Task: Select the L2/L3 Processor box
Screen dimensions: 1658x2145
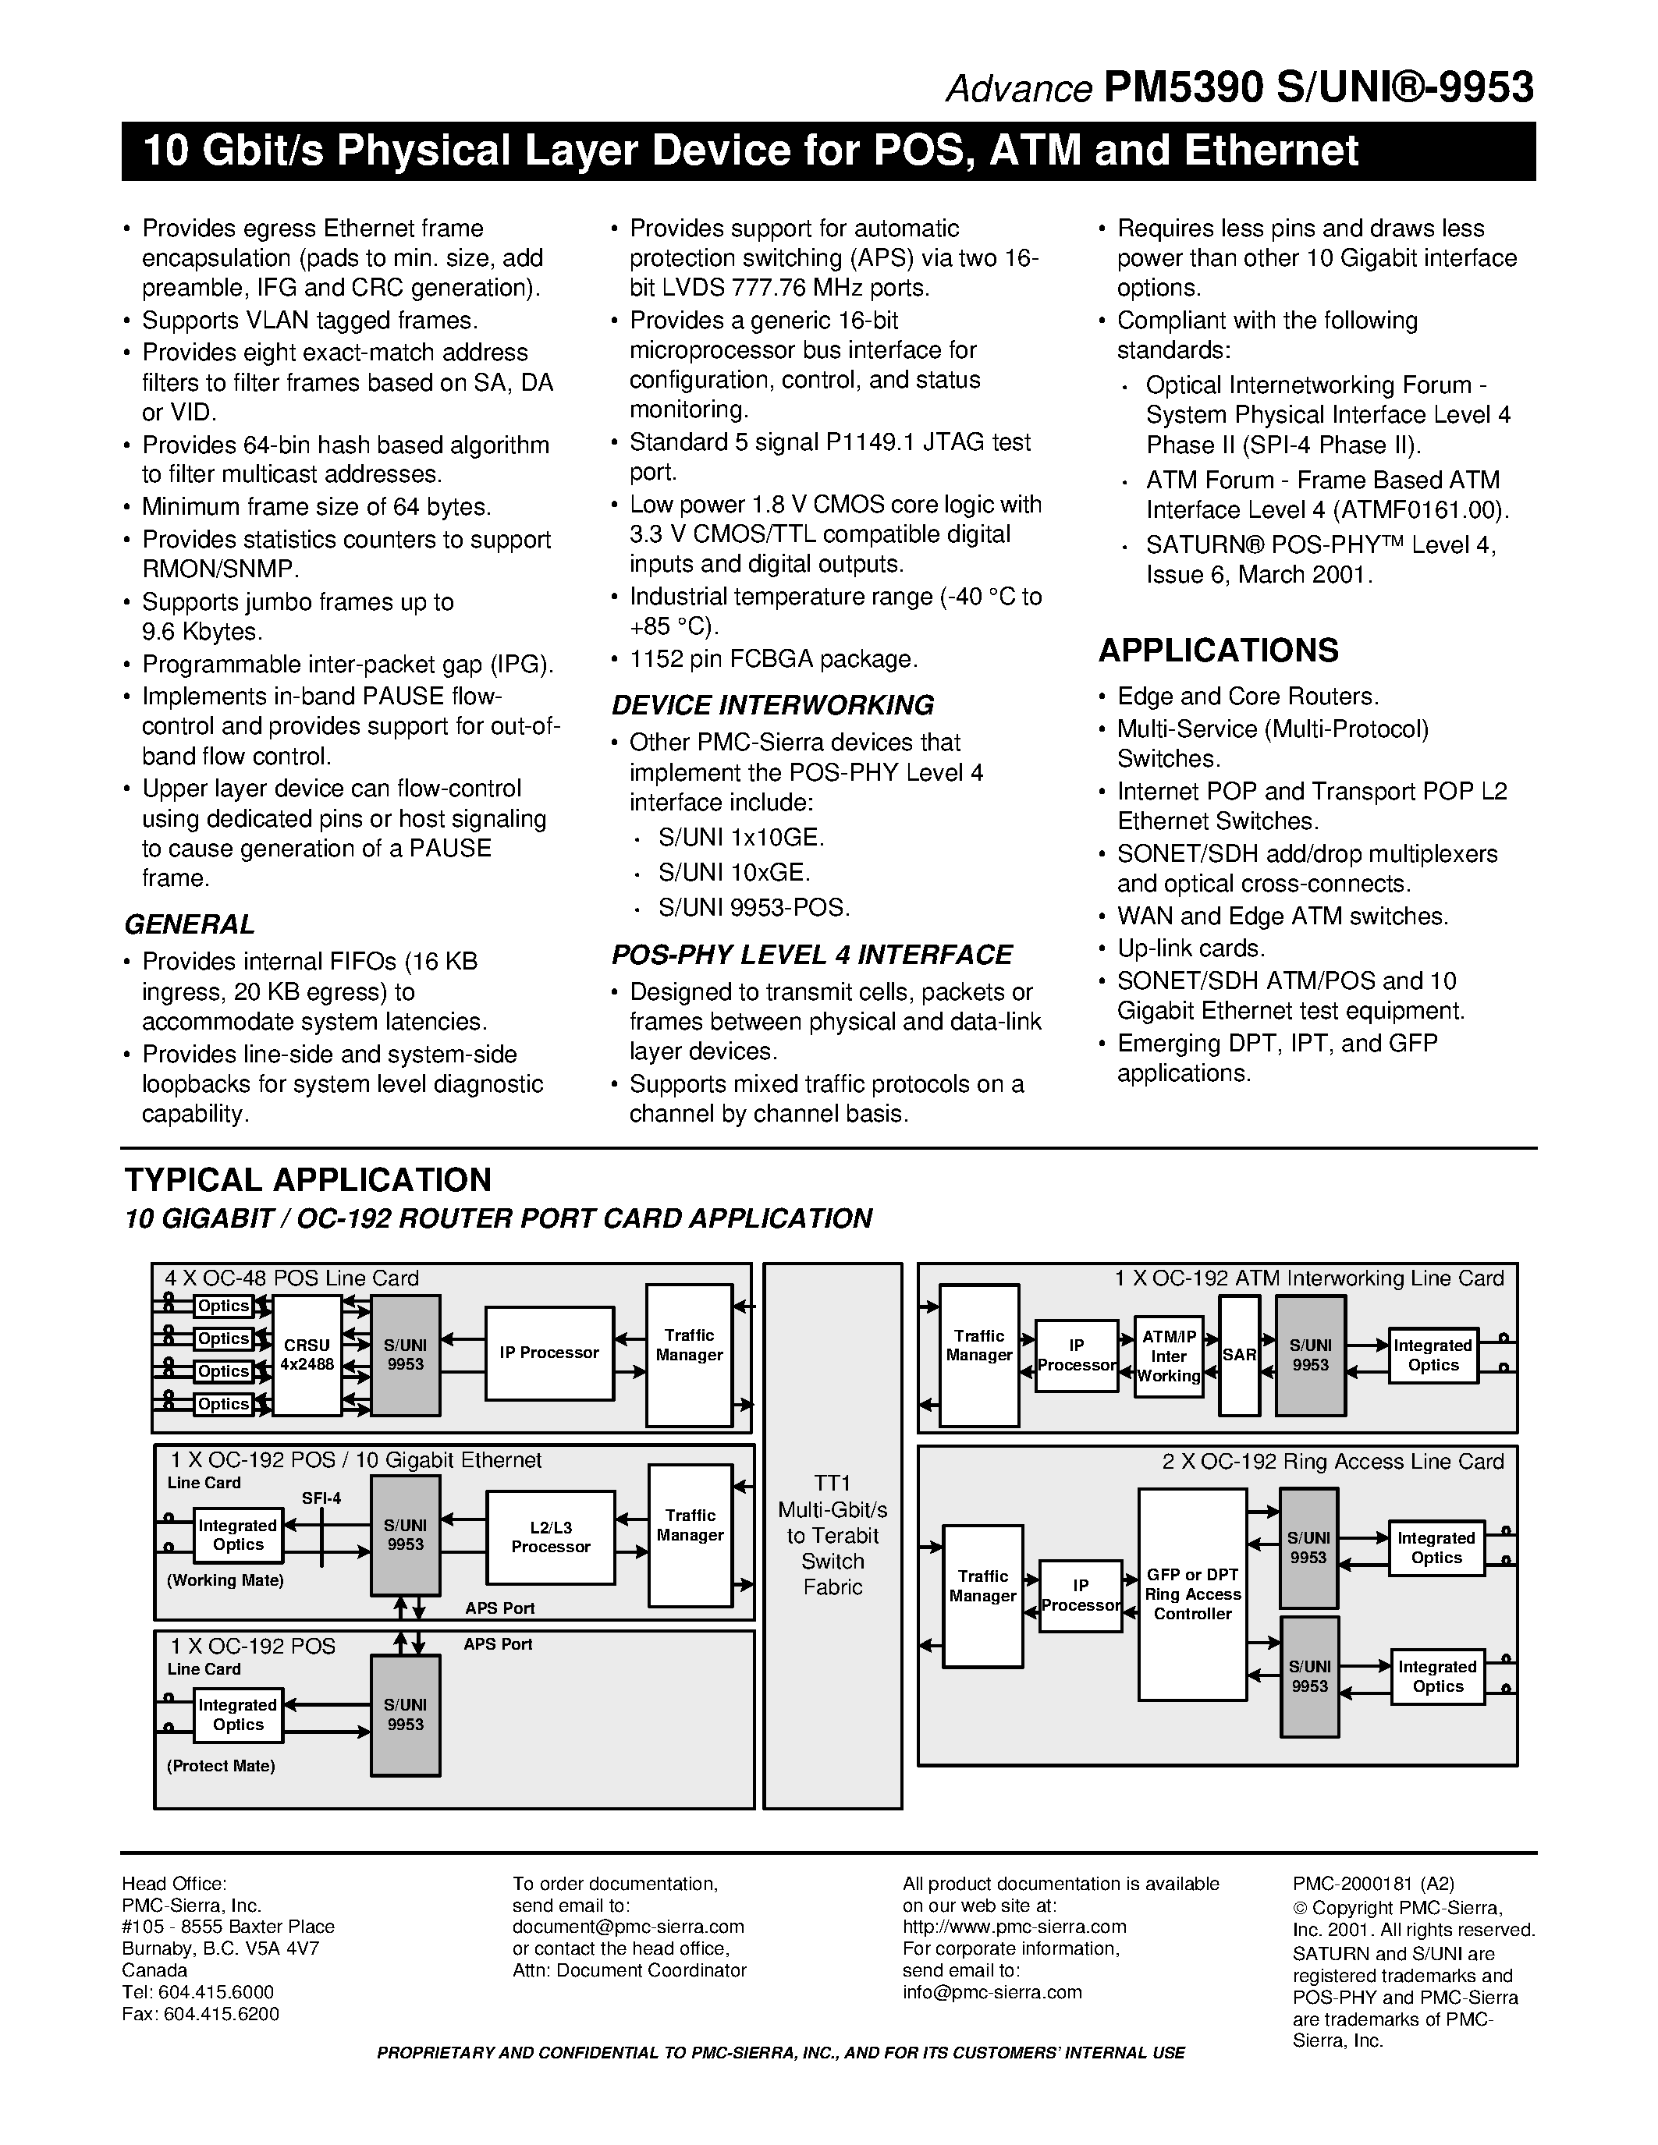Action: [550, 1537]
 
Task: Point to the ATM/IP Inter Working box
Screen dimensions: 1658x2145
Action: [1168, 1356]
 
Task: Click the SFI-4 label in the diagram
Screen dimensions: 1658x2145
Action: [321, 1498]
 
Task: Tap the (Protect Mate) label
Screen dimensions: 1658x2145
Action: [221, 1766]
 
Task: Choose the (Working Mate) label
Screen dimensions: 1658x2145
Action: [225, 1580]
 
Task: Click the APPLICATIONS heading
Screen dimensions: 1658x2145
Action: [1218, 651]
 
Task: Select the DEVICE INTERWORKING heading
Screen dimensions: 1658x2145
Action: [772, 705]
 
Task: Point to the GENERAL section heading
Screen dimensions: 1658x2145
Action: [190, 924]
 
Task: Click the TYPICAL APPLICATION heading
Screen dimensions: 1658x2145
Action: [307, 1179]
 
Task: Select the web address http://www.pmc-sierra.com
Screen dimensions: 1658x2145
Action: [1014, 1926]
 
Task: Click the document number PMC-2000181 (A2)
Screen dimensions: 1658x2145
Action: [1373, 1884]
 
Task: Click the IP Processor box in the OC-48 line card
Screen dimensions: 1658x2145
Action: [549, 1353]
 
